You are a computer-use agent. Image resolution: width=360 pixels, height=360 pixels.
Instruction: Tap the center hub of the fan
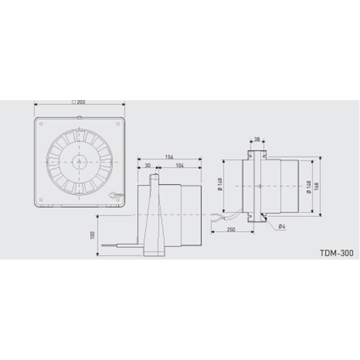pos(78,163)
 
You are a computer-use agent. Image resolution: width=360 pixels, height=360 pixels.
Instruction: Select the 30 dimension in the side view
pos(147,166)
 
